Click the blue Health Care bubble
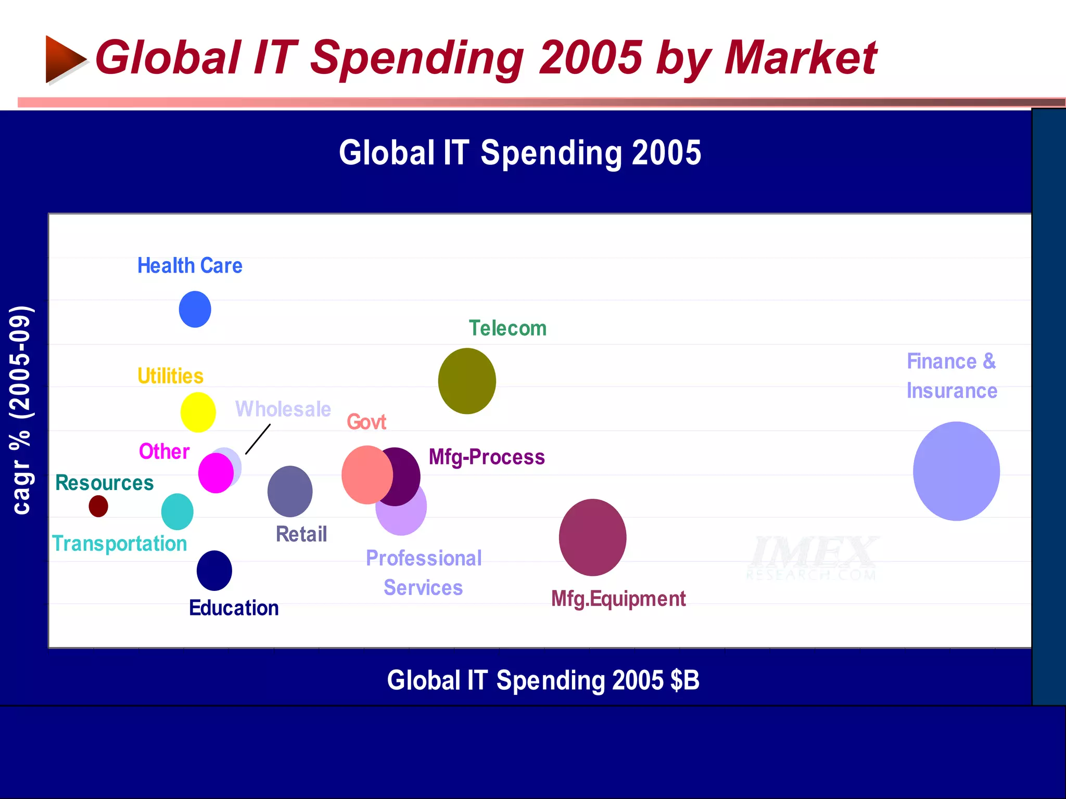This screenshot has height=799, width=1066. point(195,309)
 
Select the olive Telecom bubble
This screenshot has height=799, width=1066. point(467,381)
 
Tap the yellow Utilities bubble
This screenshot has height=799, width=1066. point(198,413)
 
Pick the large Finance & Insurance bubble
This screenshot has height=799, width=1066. point(956,471)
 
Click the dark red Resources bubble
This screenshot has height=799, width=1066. point(98,506)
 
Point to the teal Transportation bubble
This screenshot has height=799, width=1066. point(177,512)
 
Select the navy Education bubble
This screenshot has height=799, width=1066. point(214,571)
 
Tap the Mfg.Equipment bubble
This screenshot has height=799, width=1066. point(592,537)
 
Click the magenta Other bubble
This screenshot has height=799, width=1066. point(215,473)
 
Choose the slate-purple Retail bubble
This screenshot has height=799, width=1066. point(290,491)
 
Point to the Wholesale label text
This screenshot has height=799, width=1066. point(283,409)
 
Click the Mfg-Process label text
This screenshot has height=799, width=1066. point(487,457)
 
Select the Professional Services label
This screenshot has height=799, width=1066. point(424,573)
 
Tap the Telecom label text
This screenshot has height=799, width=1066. point(507,328)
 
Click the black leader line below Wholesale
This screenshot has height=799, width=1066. point(258,440)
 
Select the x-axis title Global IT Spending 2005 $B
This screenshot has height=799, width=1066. point(543,680)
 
